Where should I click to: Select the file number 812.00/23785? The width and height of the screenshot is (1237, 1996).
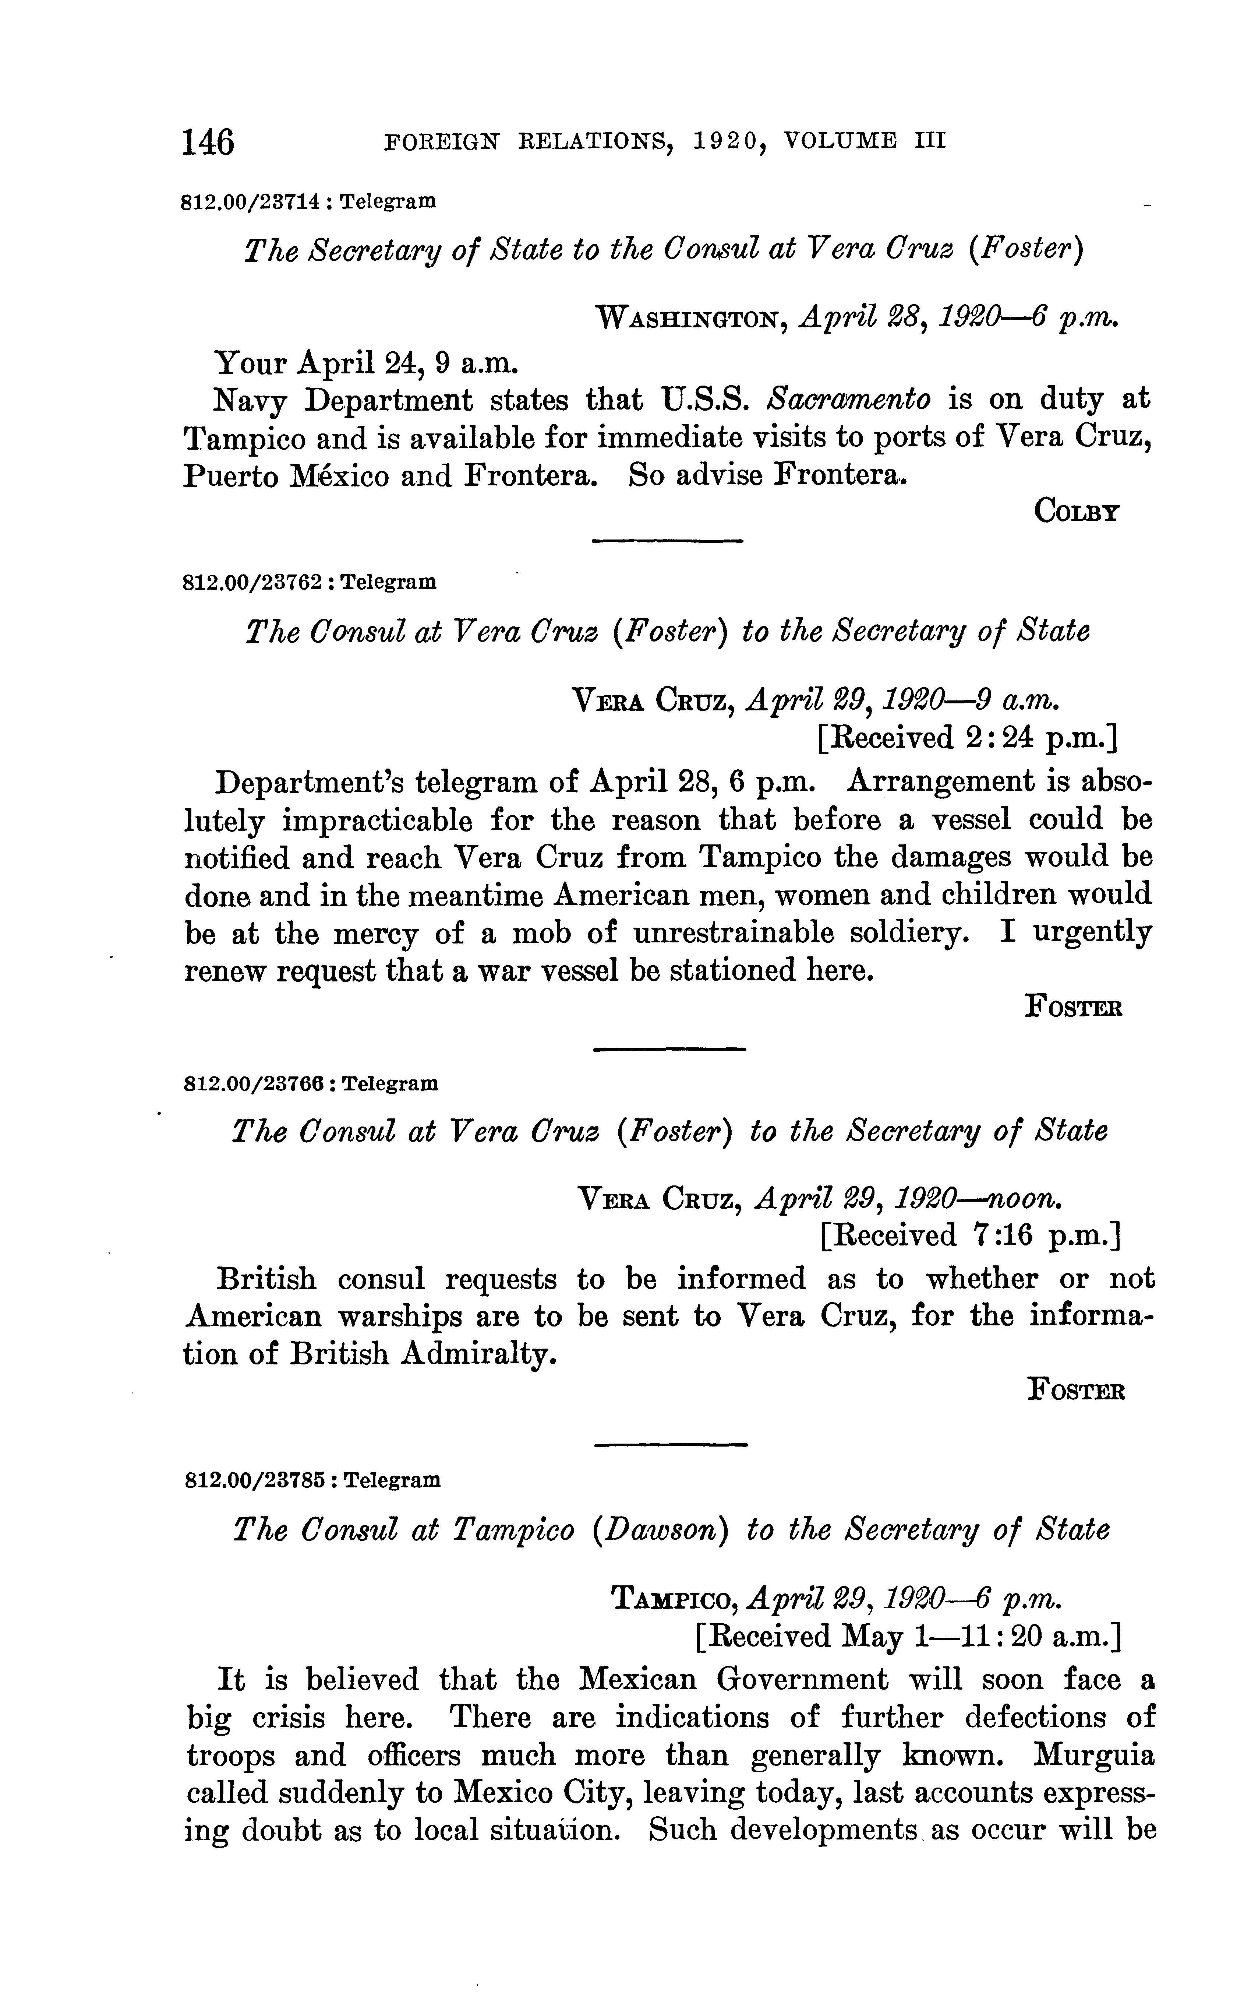pos(254,1480)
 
